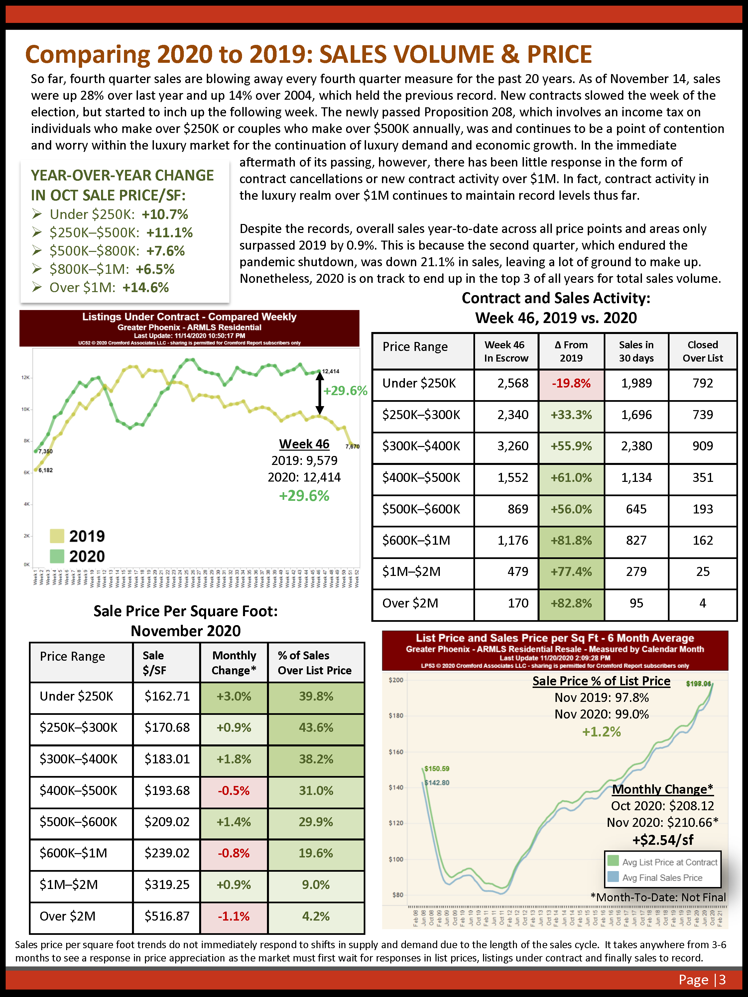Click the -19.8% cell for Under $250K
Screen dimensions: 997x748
click(x=571, y=384)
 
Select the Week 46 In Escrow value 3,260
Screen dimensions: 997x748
click(x=513, y=446)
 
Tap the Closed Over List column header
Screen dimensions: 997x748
click(x=702, y=352)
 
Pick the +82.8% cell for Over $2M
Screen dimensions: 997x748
click(x=571, y=603)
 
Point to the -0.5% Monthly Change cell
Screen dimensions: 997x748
click(x=234, y=791)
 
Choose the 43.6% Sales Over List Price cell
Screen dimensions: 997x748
click(x=315, y=727)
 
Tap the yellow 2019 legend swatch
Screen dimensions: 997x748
click(x=57, y=536)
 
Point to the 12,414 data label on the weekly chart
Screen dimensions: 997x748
click(x=330, y=372)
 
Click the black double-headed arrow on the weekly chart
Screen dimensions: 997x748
click(x=320, y=394)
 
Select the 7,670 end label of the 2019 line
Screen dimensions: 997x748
click(x=352, y=447)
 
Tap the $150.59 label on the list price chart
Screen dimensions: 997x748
click(x=436, y=768)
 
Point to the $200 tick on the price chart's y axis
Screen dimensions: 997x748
click(x=396, y=680)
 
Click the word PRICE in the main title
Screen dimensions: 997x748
click(x=559, y=55)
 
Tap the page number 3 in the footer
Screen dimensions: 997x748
click(x=722, y=980)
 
